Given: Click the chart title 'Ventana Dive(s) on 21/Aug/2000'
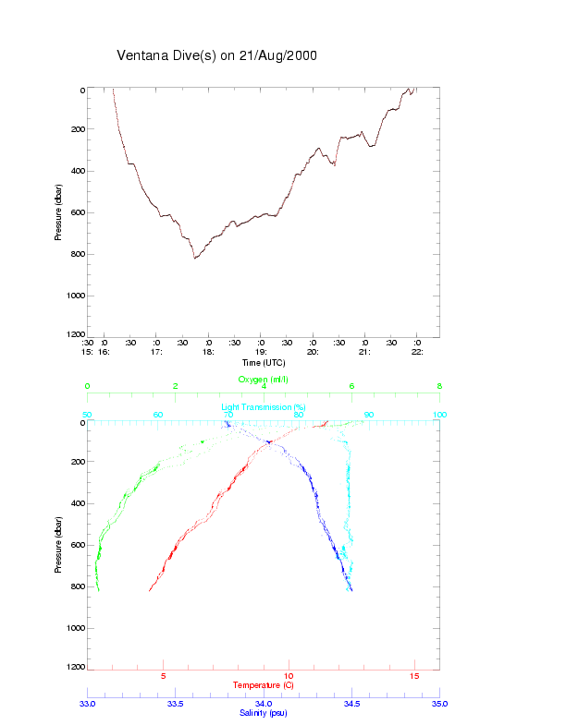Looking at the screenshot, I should click(217, 55).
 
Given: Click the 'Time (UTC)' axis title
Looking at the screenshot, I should click(263, 362).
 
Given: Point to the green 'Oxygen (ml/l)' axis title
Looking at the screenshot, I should click(264, 380).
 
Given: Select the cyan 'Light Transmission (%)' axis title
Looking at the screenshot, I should click(264, 407).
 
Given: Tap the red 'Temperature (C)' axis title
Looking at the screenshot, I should click(264, 685).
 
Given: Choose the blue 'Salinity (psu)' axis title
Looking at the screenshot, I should click(264, 713).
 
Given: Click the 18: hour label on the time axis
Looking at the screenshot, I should click(209, 352).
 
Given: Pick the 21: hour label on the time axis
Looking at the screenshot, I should click(365, 352).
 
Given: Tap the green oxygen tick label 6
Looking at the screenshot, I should click(351, 386).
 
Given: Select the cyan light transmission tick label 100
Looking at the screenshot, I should click(439, 415).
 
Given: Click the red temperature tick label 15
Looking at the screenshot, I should click(414, 677).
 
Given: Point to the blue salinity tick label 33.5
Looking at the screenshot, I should click(176, 704).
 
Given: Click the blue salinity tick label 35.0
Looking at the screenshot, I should click(439, 704).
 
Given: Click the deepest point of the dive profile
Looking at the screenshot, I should click(195, 258).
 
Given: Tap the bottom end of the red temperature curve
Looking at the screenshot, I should click(150, 589).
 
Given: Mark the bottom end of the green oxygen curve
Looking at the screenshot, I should click(98, 589).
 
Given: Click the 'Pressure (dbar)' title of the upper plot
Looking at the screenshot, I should click(58, 211).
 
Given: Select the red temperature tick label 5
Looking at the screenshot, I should click(164, 677).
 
